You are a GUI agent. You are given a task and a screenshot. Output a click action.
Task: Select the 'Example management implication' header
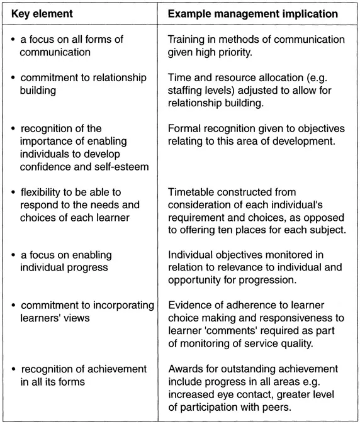click(252, 13)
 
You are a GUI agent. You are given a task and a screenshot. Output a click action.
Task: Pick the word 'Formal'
click(184, 128)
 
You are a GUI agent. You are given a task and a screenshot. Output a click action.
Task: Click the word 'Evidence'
click(189, 305)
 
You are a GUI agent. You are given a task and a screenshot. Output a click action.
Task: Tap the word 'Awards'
click(185, 368)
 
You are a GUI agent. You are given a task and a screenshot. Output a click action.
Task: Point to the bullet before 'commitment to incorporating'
click(13, 306)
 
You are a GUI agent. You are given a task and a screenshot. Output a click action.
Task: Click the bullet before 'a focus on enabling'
click(13, 255)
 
